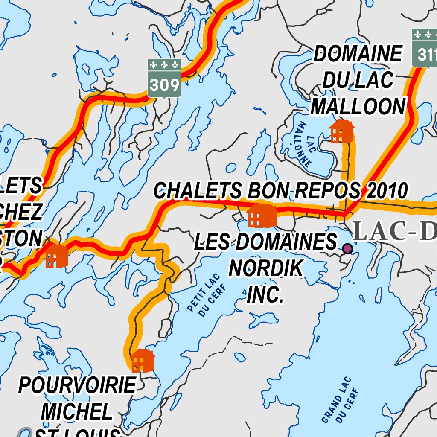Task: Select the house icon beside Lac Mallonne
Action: pyautogui.click(x=341, y=131)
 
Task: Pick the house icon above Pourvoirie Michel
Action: pyautogui.click(x=143, y=361)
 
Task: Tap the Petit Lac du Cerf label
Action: pyautogui.click(x=204, y=295)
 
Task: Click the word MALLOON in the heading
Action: pyautogui.click(x=358, y=106)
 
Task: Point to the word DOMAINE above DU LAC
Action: pyautogui.click(x=358, y=54)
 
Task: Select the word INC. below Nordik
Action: pyautogui.click(x=265, y=294)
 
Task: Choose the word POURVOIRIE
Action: pyautogui.click(x=77, y=386)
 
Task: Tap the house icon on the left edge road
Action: pyautogui.click(x=56, y=256)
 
